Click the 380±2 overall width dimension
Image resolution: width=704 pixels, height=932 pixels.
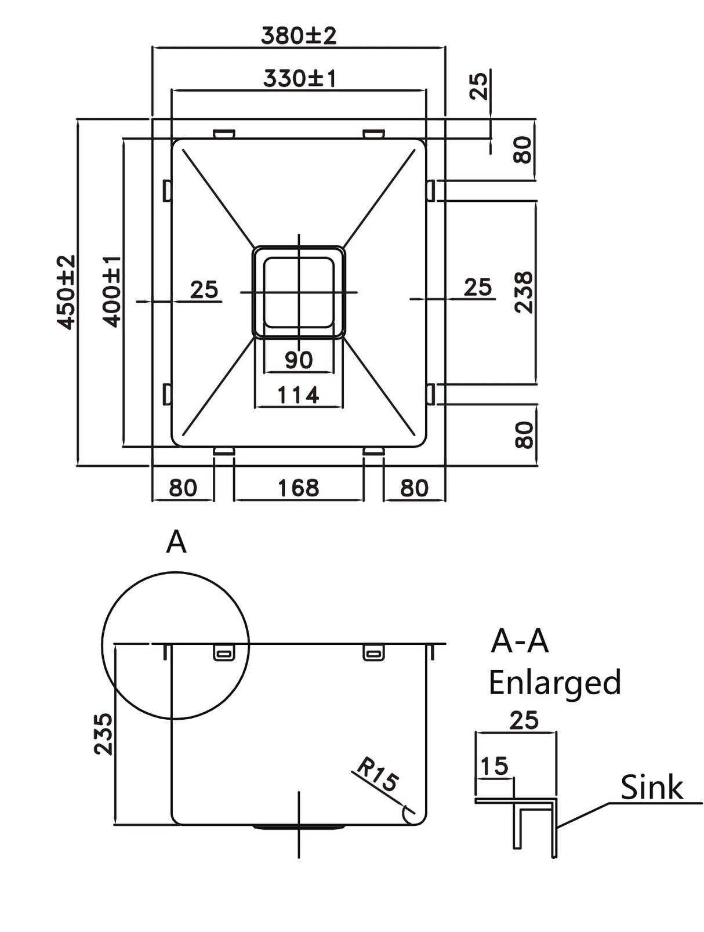click(x=298, y=36)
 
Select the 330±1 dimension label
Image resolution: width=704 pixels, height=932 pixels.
click(x=299, y=78)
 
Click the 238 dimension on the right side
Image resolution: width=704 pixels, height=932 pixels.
click(x=524, y=292)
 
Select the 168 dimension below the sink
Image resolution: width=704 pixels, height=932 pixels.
click(x=298, y=488)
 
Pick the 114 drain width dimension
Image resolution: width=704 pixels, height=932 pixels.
click(x=298, y=396)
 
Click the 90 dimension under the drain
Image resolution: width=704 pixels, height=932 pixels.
click(x=299, y=360)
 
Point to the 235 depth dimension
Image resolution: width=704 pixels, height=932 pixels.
click(x=103, y=734)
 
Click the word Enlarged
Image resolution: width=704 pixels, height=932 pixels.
click(x=554, y=683)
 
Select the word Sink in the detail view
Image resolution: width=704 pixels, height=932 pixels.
click(x=651, y=788)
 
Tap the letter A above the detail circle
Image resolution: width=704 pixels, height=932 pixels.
click(x=176, y=543)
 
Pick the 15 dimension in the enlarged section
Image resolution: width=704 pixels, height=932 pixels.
click(x=494, y=766)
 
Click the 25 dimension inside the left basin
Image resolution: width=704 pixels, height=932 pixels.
click(x=204, y=289)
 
